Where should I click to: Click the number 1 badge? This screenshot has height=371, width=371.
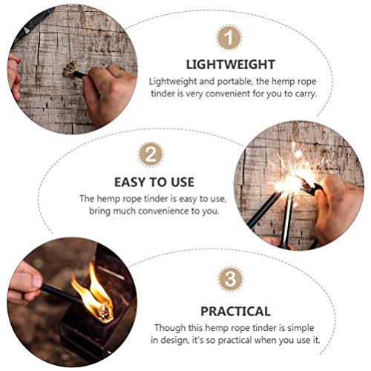pyautogui.click(x=229, y=37)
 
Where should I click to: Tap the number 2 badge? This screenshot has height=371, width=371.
pyautogui.click(x=151, y=155)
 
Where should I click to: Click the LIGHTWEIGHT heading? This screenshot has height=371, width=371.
pyautogui.click(x=232, y=65)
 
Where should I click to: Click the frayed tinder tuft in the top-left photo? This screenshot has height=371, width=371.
pyautogui.click(x=71, y=70)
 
